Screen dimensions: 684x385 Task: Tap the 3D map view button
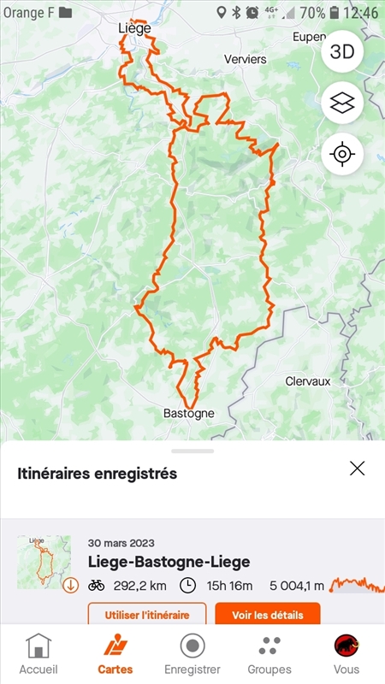pos(342,51)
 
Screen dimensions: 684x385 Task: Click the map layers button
pos(342,103)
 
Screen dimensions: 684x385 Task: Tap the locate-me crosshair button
pos(342,155)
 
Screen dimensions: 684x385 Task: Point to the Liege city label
pos(134,28)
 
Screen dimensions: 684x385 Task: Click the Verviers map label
pos(246,60)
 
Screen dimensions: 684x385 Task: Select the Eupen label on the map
pos(309,38)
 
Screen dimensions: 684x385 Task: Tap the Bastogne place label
pos(188,413)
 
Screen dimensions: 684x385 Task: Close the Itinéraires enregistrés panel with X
pos(357,468)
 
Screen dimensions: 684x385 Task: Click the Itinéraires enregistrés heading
pos(97,473)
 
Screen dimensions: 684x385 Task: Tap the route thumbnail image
pos(44,562)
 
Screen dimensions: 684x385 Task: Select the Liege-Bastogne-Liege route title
pos(169,562)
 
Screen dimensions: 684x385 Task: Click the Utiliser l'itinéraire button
pos(147,614)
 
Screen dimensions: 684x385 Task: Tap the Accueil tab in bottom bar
pos(38,654)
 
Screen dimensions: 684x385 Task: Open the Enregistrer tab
pos(192,654)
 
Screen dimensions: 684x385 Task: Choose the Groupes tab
pos(269,654)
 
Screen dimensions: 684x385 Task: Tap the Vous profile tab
pos(346,654)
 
